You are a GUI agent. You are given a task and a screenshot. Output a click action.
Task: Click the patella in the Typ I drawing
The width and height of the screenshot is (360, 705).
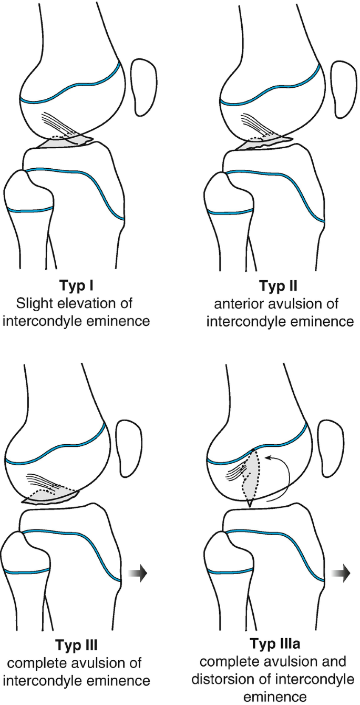[x=141, y=87]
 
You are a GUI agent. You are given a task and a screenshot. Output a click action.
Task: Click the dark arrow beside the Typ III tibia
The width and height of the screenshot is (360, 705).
[x=139, y=573]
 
